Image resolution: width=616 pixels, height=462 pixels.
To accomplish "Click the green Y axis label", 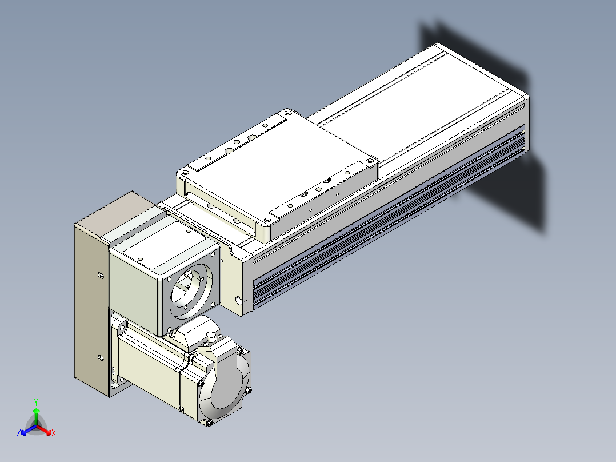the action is point(36,402).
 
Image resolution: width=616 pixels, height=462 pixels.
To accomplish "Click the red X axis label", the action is point(54,433).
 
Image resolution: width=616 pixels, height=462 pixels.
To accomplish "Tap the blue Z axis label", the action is point(19,433).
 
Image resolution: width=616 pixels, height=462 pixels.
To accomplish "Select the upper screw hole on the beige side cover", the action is point(101,275).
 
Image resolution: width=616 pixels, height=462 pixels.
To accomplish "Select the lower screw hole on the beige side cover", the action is point(101,358).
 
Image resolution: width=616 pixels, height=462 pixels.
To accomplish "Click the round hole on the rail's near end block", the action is point(238,301).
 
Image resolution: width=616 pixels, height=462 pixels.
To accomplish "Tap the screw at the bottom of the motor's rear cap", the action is point(209,423).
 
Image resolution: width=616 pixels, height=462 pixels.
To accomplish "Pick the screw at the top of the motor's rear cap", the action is point(239,349).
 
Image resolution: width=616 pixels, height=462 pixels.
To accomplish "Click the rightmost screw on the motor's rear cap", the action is point(248,391).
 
